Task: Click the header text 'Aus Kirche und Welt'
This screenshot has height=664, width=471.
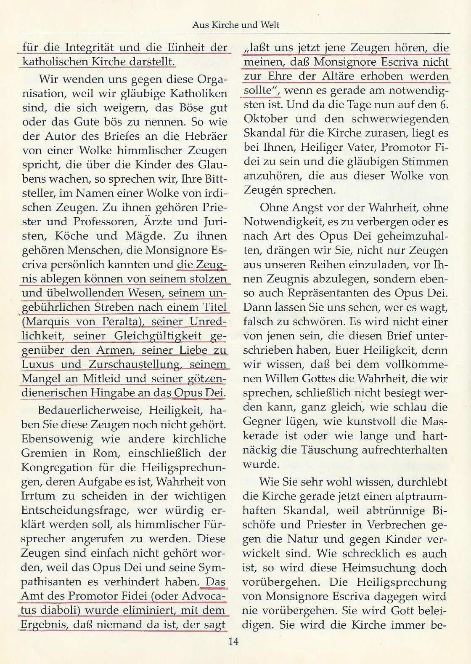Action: tap(235, 25)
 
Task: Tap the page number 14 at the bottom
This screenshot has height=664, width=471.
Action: tap(233, 641)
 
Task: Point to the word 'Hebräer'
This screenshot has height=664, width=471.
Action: tap(205, 136)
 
